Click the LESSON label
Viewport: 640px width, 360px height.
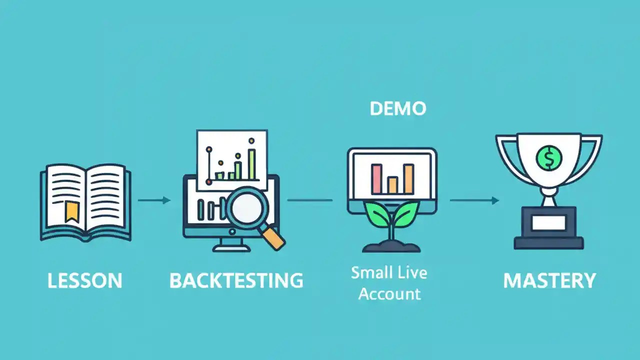click(x=85, y=280)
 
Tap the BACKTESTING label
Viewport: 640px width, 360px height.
click(x=236, y=280)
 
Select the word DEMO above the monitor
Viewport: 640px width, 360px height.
click(x=398, y=108)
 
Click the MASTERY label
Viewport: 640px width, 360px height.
click(x=549, y=280)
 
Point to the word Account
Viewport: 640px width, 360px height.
click(x=389, y=293)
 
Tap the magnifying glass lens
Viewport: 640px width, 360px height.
click(x=247, y=208)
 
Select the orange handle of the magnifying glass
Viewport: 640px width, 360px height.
click(x=273, y=238)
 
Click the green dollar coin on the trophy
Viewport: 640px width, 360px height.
click(x=548, y=158)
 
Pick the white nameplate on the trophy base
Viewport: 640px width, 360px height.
click(x=548, y=223)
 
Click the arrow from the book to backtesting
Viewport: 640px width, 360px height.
click(x=154, y=200)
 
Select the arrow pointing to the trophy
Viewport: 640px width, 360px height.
click(x=474, y=200)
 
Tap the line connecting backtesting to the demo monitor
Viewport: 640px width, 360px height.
click(x=309, y=200)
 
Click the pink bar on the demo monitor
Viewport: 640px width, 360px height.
click(x=377, y=179)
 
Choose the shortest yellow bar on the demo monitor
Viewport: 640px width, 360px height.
click(x=392, y=185)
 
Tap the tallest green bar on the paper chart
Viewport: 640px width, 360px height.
click(x=251, y=164)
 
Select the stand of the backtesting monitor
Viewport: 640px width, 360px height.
click(x=231, y=245)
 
